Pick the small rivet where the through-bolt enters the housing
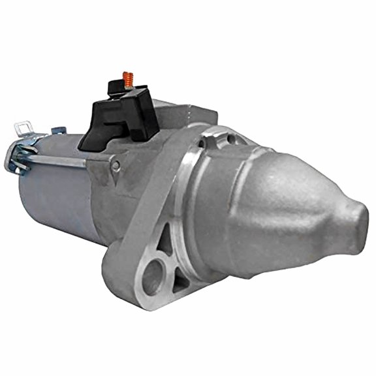coord(116,166)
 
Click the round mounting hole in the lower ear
coord(149,275)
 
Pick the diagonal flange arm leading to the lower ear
coord(144,209)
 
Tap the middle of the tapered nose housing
coord(281,202)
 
